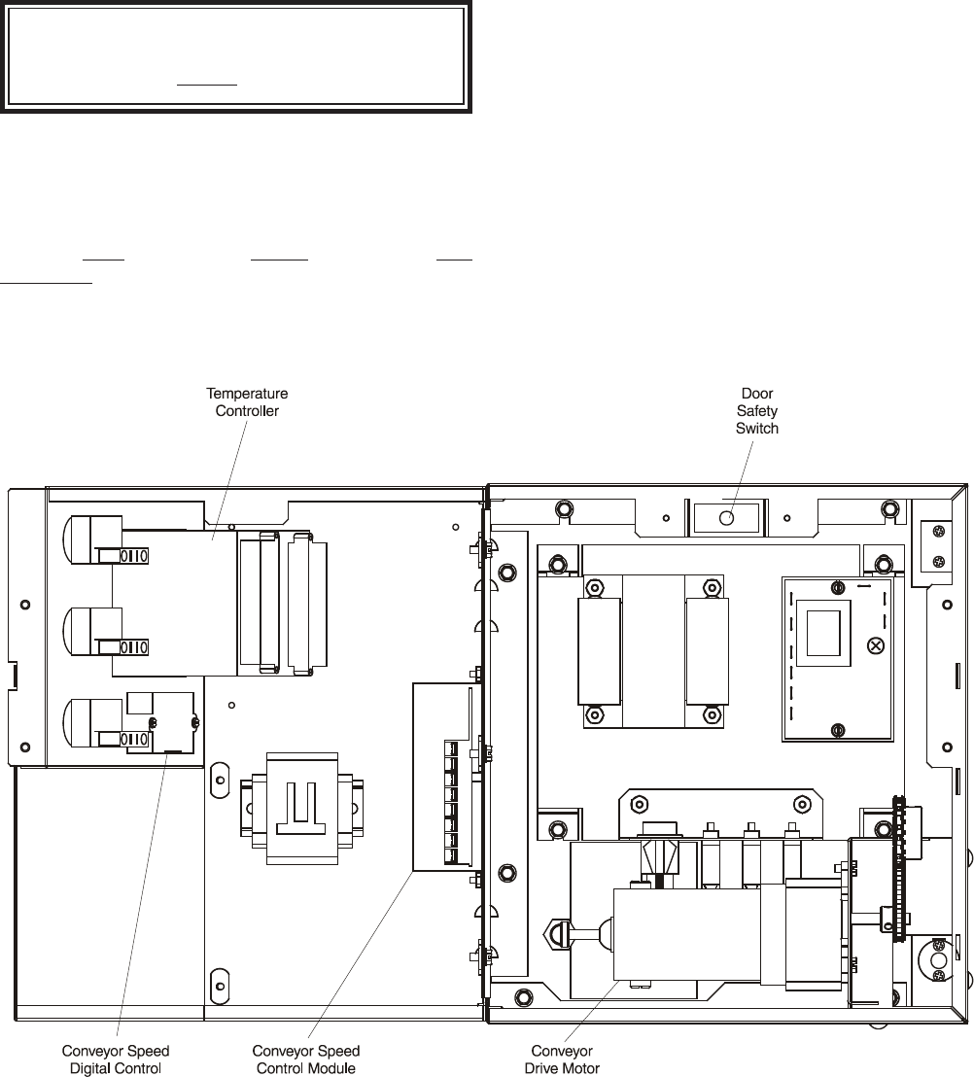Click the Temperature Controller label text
point(247,402)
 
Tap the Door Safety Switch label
point(757,411)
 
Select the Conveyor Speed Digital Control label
point(116,1060)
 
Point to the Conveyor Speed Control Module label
point(305,1060)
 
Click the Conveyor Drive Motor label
point(562,1060)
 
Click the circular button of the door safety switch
point(726,518)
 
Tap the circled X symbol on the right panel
point(876,645)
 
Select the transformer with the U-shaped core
point(302,809)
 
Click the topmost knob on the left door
point(92,539)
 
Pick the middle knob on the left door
point(92,631)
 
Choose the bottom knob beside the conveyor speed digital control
point(92,723)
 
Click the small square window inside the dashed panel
point(823,633)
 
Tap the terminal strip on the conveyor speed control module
point(451,802)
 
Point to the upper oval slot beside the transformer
point(220,781)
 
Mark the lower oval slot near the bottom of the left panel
point(220,987)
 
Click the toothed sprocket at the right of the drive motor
point(898,869)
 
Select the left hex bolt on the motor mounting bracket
point(640,804)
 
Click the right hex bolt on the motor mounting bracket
point(801,804)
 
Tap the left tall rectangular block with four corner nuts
point(600,651)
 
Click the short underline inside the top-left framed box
point(207,85)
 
